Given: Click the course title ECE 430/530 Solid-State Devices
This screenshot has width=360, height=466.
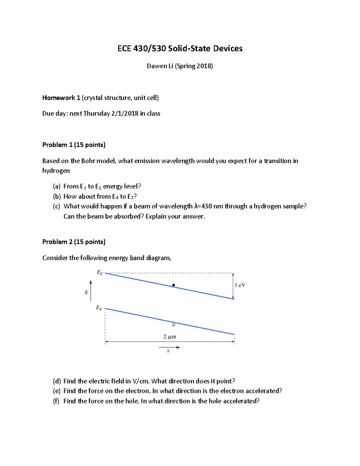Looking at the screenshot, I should pos(180,49).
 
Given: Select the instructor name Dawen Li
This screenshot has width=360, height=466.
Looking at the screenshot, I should pos(160,66).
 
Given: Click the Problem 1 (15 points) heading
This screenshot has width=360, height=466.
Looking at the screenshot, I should pos(74,145).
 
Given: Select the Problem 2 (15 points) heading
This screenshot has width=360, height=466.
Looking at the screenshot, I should pos(74,242).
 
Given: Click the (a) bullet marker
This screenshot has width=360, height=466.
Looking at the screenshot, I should pos(57,186).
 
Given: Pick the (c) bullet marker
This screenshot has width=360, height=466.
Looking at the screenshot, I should pos(57,206).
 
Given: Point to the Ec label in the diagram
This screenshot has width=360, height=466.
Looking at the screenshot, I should pos(100,272).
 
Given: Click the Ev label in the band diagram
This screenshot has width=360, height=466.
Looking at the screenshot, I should pos(99,308).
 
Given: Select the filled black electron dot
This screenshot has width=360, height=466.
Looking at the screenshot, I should pos(173,285).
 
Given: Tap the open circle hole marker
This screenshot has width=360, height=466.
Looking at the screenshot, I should pos(173,325).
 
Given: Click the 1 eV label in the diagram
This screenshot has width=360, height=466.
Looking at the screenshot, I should pos(240,285).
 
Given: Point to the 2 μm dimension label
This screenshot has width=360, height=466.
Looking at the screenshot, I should pos(170,337).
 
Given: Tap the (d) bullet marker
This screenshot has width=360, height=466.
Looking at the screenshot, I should pos(57,381).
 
